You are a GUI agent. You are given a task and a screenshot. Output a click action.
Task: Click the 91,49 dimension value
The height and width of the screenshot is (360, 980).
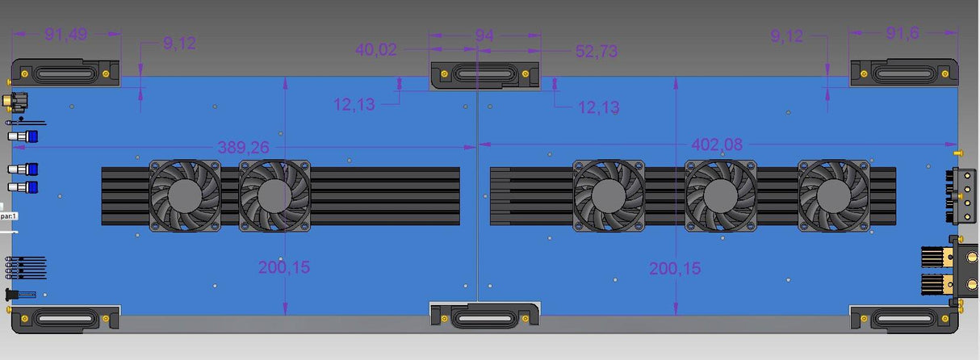[x=67, y=34]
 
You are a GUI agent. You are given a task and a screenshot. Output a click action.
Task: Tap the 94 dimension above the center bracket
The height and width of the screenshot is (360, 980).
[x=484, y=36]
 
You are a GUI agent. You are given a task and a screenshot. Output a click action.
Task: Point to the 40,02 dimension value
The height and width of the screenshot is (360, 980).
[x=376, y=50]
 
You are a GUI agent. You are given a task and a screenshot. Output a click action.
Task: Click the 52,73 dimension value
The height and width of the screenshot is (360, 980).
[x=597, y=51]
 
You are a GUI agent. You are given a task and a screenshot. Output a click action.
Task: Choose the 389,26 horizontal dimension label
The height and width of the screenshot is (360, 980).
[x=243, y=147]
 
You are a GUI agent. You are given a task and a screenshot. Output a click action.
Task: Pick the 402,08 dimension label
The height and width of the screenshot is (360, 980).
[x=718, y=144]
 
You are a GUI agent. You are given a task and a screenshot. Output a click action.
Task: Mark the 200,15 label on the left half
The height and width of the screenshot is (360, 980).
[x=284, y=267]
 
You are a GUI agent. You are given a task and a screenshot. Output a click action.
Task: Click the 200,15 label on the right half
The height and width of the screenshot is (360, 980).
[x=675, y=268]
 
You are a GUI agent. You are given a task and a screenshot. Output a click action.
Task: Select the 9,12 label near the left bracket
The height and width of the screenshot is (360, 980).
[x=179, y=44]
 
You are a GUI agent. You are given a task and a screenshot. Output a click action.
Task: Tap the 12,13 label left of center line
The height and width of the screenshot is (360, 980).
[x=354, y=104]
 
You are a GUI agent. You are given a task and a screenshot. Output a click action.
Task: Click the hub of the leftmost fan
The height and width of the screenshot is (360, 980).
[x=185, y=195]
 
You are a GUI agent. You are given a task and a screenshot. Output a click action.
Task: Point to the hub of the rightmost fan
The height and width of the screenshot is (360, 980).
[x=833, y=195]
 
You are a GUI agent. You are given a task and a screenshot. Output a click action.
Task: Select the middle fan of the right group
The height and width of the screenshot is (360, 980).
[x=720, y=195]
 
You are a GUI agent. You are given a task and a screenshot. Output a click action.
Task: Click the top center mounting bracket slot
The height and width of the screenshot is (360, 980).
[x=484, y=74]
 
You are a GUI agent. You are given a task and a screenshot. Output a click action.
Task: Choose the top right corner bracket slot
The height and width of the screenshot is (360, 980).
[x=903, y=74]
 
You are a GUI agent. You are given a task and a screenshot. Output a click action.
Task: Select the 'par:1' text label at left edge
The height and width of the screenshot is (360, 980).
[x=9, y=216]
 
